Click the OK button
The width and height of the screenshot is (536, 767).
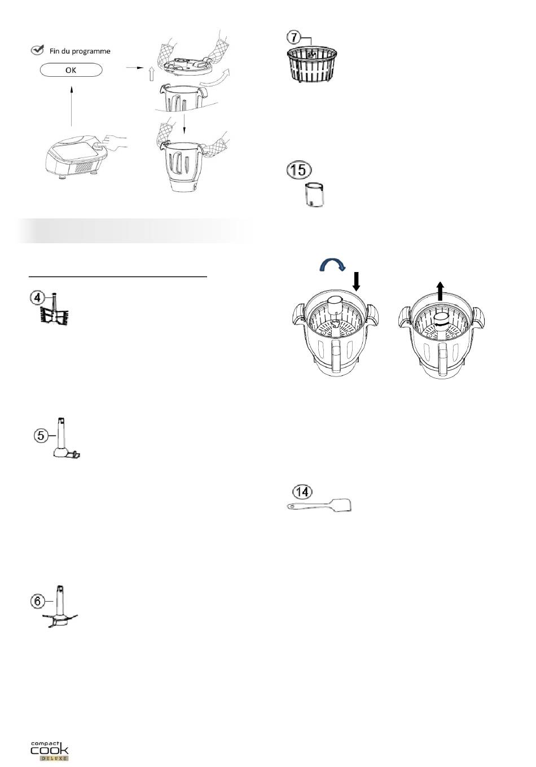(71, 70)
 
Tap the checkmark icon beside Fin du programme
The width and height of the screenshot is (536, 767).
(37, 50)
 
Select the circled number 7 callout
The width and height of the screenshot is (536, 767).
(294, 37)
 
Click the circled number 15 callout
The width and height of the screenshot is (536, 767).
(299, 169)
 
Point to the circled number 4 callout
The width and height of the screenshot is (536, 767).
(37, 297)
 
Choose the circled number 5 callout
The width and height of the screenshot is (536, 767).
(41, 436)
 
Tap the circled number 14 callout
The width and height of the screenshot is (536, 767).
(302, 492)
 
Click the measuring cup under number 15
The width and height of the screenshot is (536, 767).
(314, 195)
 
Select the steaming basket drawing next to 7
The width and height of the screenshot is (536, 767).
(312, 64)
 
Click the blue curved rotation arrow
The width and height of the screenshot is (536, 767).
(332, 264)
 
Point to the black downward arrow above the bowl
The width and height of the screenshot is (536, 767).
(357, 282)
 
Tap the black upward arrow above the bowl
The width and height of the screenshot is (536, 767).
(441, 291)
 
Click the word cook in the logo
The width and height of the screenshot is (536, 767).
(49, 750)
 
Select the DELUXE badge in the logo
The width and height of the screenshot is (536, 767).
(54, 758)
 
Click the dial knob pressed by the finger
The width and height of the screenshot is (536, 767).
(99, 146)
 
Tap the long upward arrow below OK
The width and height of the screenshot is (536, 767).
(71, 107)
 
